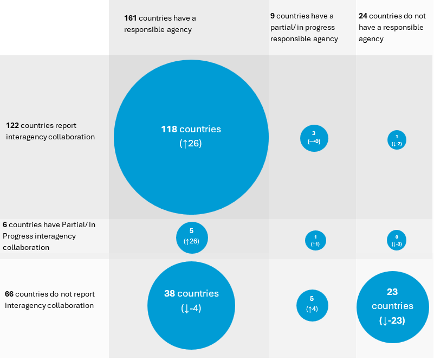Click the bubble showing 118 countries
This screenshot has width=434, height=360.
click(x=191, y=137)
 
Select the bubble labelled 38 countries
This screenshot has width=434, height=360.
click(x=191, y=306)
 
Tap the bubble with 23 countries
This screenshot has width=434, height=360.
click(x=392, y=306)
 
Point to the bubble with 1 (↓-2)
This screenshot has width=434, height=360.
click(x=397, y=139)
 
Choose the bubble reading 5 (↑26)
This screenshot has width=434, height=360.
click(x=192, y=237)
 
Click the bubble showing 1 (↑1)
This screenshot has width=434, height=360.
click(x=315, y=240)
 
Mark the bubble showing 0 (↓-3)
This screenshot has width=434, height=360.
click(x=397, y=240)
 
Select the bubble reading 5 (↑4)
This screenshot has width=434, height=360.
click(x=312, y=305)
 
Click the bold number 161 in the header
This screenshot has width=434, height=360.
click(x=131, y=18)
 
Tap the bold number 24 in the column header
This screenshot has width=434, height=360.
click(x=363, y=16)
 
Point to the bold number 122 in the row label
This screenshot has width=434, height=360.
click(x=12, y=125)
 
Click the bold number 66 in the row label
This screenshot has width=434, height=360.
click(x=9, y=294)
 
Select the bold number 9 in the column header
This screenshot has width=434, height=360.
click(x=273, y=16)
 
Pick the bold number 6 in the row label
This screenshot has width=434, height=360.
click(x=5, y=224)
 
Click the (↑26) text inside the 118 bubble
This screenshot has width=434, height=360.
click(x=190, y=144)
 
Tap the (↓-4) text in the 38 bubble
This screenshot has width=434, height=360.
click(x=191, y=308)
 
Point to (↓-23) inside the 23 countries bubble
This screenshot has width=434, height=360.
click(x=392, y=320)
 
